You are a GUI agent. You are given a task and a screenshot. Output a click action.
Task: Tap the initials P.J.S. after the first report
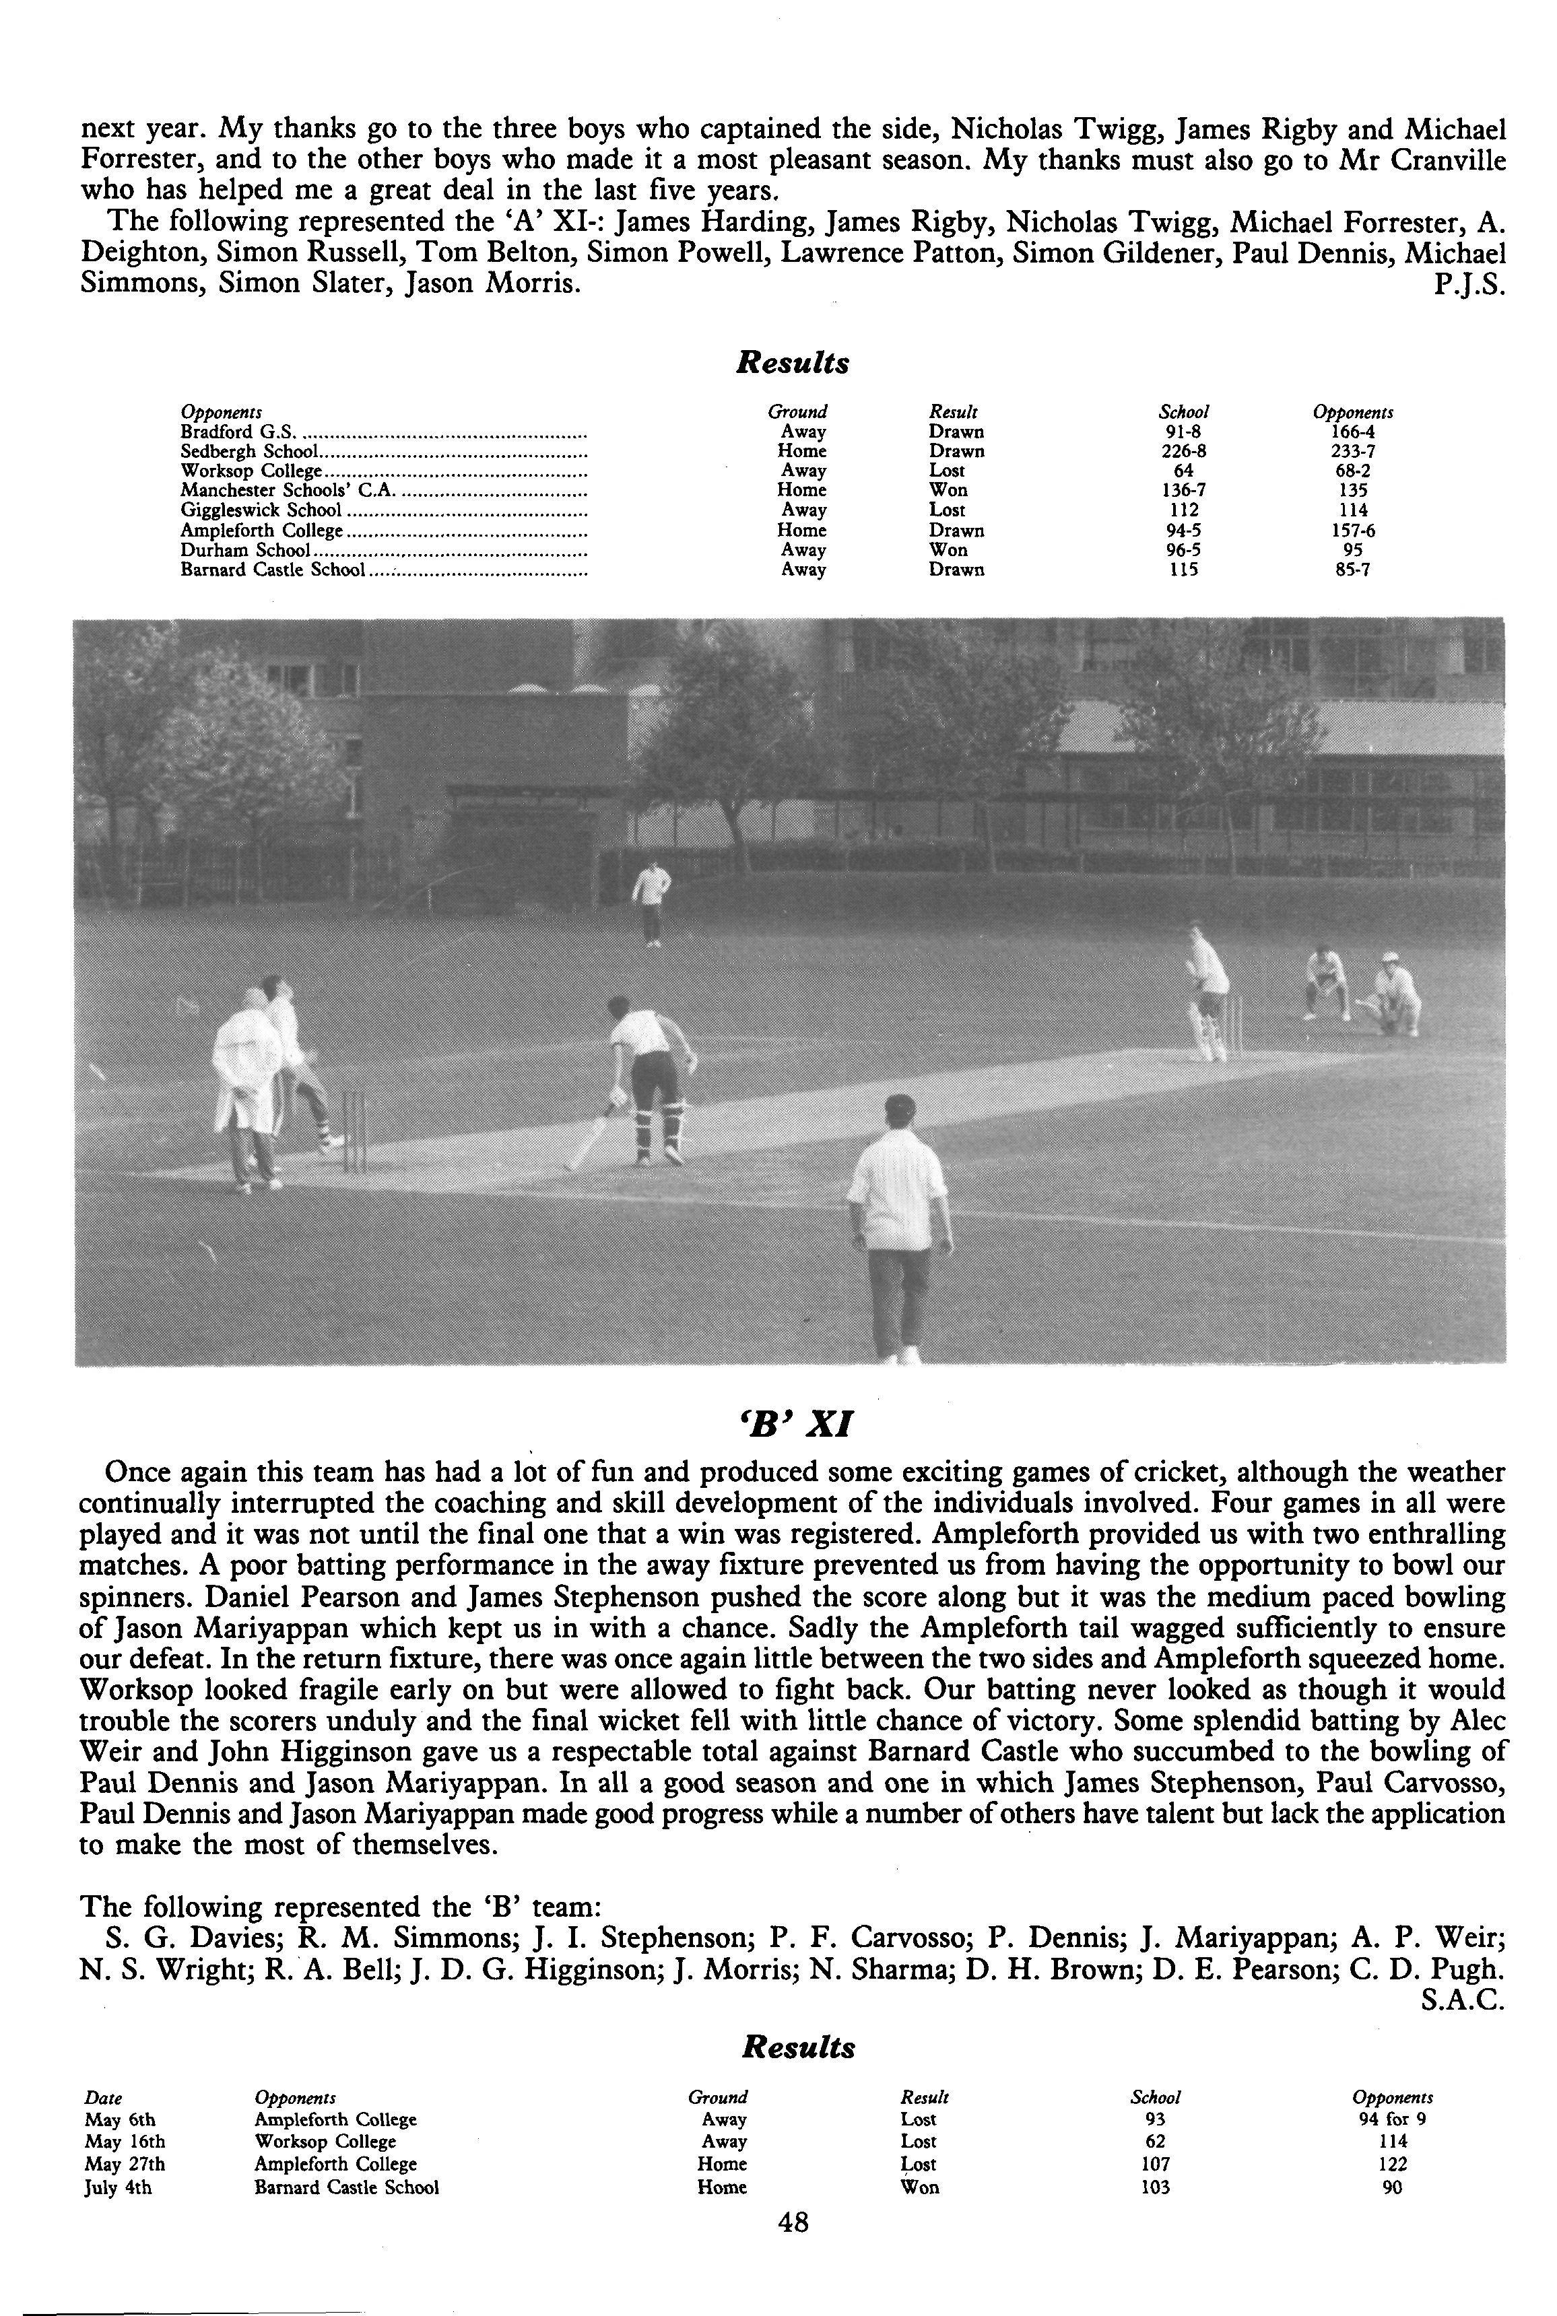(1471, 285)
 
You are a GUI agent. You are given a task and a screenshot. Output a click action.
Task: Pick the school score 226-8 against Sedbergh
(1184, 450)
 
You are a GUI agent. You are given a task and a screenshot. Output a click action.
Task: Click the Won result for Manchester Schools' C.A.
(948, 490)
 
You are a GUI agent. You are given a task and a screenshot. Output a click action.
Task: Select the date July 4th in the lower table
(118, 2187)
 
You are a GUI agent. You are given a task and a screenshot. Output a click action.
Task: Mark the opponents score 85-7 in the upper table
(1352, 570)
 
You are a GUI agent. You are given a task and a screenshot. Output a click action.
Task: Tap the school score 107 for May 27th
(1155, 2164)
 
